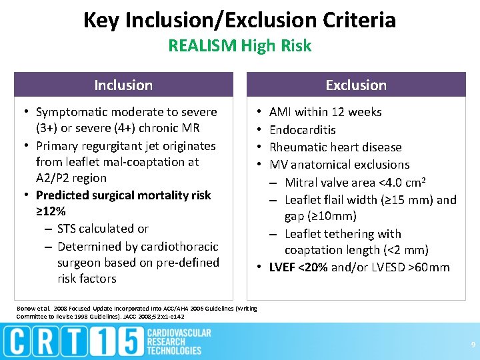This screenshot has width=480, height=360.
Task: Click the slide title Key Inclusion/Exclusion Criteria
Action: [x=239, y=20]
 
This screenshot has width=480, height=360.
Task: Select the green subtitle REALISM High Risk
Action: [x=239, y=46]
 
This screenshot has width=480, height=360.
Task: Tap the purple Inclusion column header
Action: [x=123, y=85]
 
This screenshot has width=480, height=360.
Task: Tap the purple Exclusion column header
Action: [x=356, y=85]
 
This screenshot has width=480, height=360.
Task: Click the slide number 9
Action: [x=472, y=345]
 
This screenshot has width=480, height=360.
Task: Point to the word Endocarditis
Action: [x=302, y=129]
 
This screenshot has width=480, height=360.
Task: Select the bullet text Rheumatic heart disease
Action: [x=335, y=147]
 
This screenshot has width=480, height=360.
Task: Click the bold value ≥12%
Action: [x=51, y=211]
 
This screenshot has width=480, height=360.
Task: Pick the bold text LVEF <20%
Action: [x=298, y=267]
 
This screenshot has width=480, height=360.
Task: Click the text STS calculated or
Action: [x=103, y=229]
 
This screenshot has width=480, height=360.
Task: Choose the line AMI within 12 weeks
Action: [x=325, y=112]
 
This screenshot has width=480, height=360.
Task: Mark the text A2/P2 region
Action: [x=71, y=178]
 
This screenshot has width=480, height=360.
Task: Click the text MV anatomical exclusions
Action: [x=339, y=164]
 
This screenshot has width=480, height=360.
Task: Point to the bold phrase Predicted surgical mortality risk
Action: [x=123, y=195]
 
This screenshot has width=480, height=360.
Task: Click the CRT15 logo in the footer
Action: [x=73, y=341]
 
